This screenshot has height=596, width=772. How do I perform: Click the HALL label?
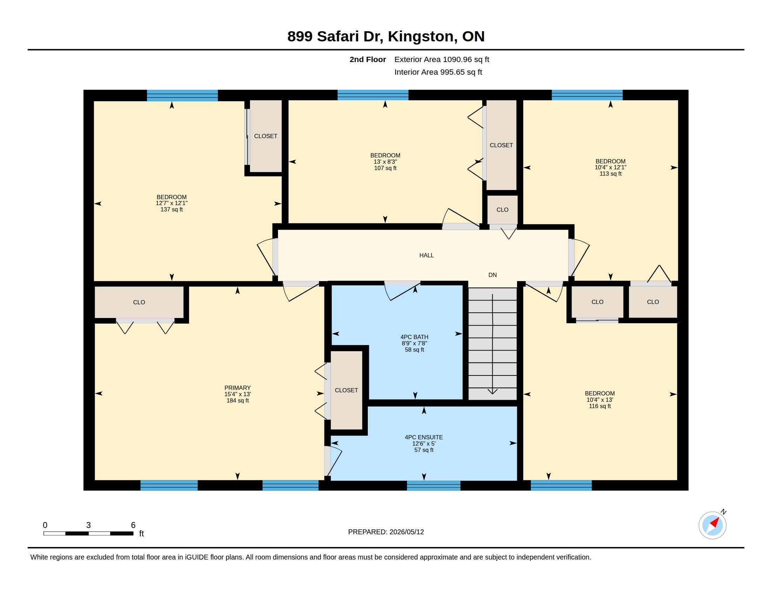point(426,255)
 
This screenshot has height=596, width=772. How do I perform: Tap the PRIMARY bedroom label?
point(238,388)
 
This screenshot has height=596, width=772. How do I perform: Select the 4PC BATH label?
point(414,337)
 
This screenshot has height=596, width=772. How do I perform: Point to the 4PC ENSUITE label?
point(424,437)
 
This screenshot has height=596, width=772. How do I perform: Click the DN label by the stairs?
point(492,275)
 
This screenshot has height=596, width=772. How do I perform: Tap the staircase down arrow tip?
point(492,394)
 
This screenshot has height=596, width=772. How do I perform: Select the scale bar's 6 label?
point(133,525)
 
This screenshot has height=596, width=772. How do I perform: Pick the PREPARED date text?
point(386,532)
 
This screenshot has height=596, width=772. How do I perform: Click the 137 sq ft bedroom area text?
point(172,209)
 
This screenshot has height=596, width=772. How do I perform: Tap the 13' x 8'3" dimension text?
point(385,162)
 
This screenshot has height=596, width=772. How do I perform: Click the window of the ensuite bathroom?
point(434,486)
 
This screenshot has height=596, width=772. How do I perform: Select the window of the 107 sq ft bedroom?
point(373,95)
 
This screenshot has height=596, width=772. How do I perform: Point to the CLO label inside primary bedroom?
point(139,302)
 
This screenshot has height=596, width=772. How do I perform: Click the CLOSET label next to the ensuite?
point(346,390)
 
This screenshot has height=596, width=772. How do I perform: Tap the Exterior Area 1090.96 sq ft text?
point(442,59)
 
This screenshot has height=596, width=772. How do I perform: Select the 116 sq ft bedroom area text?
point(600,406)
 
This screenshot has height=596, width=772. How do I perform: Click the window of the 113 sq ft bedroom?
point(587,95)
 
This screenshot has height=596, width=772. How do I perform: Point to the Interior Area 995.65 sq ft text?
point(438,72)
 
